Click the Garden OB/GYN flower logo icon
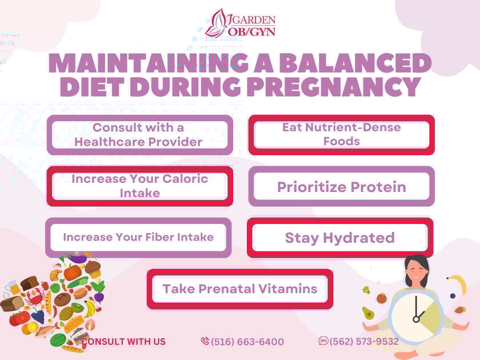point(218,23)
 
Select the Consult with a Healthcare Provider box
point(139,135)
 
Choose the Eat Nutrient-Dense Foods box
point(341,134)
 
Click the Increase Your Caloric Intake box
point(139,186)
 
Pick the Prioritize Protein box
point(341,187)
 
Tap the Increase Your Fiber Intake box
point(138,237)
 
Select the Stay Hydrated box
point(340,238)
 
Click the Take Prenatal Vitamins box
point(240,289)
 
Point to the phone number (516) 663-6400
point(247,342)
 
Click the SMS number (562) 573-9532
point(364,341)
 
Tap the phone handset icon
point(205,341)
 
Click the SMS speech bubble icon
point(323,341)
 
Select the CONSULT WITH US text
point(123,342)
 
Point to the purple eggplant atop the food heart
point(79,260)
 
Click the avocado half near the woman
point(368,313)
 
